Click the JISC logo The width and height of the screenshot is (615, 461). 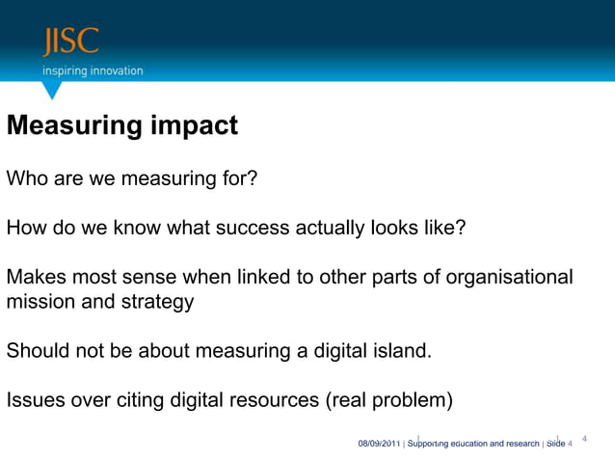(70, 42)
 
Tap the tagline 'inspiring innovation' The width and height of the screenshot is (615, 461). (92, 70)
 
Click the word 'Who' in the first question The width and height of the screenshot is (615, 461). (26, 178)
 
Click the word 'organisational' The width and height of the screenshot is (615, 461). (503, 278)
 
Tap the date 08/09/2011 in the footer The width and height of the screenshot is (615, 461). (379, 444)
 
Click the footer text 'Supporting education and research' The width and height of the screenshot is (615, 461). (474, 444)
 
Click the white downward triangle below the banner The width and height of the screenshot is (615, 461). (53, 90)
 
